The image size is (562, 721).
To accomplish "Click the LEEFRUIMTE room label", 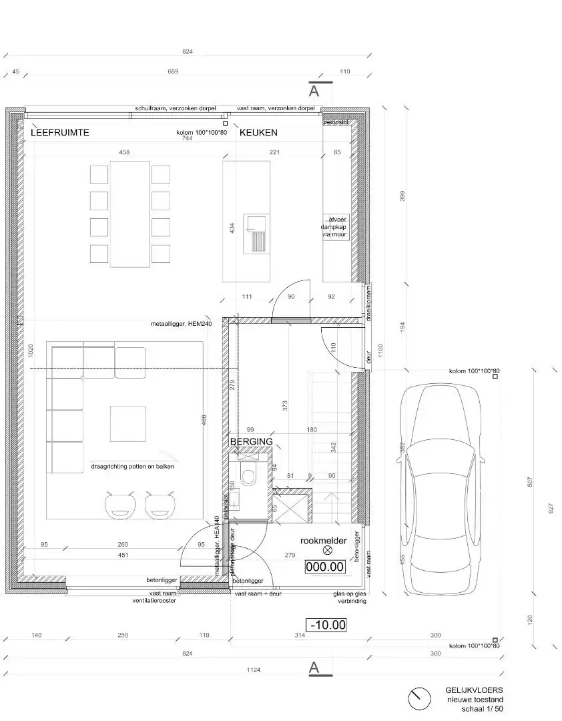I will tap(59, 133).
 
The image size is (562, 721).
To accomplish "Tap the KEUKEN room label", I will tap(258, 133).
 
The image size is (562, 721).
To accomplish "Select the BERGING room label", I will tap(251, 442).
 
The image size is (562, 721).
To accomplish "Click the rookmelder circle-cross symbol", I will tap(327, 551).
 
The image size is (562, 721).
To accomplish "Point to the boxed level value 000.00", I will tap(324, 567).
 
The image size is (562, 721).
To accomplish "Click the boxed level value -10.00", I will tap(326, 625).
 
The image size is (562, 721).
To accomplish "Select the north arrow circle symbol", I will tap(419, 699).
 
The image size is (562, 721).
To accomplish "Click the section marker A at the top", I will tap(314, 91).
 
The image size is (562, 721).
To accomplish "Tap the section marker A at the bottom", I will tap(314, 668).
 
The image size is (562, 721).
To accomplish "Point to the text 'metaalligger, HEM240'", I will tap(181, 324).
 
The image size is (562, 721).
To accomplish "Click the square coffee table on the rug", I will tap(128, 423).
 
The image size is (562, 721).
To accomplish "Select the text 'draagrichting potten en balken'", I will tap(132, 467).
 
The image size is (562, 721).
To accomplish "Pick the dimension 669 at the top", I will tap(173, 71).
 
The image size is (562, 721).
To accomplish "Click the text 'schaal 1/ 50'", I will tap(481, 709).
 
